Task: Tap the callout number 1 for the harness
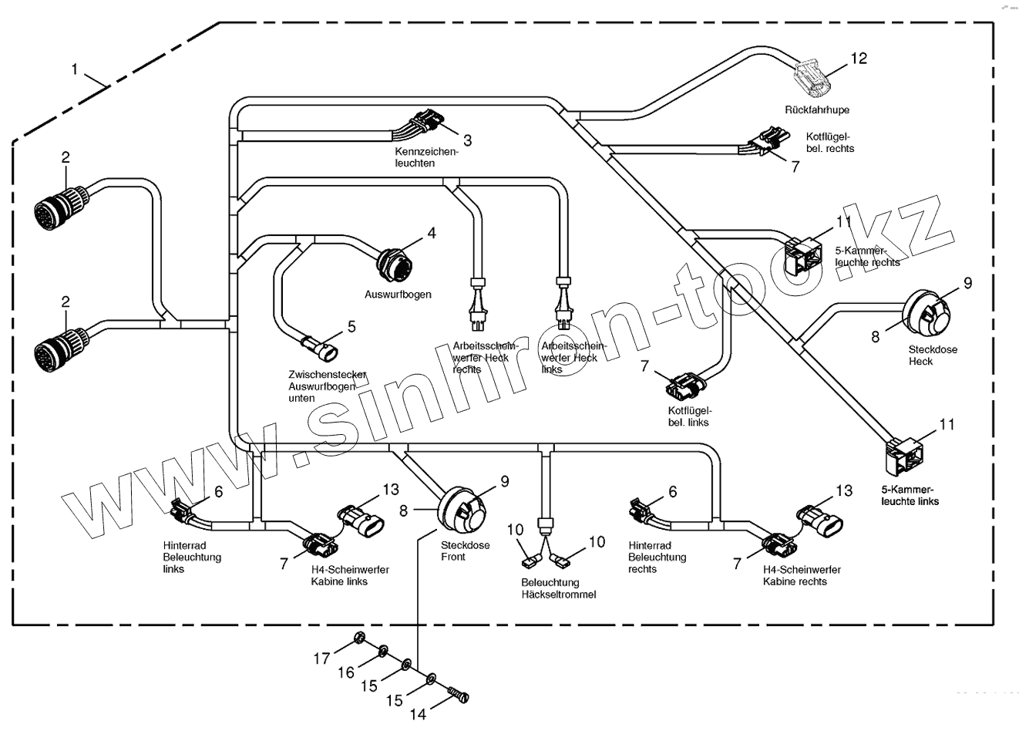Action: pos(75,69)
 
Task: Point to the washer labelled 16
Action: pos(382,654)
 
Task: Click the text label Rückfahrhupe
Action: pos(816,110)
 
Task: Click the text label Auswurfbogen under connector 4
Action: pos(398,295)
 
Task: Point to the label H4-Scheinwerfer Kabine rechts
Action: pos(802,575)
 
